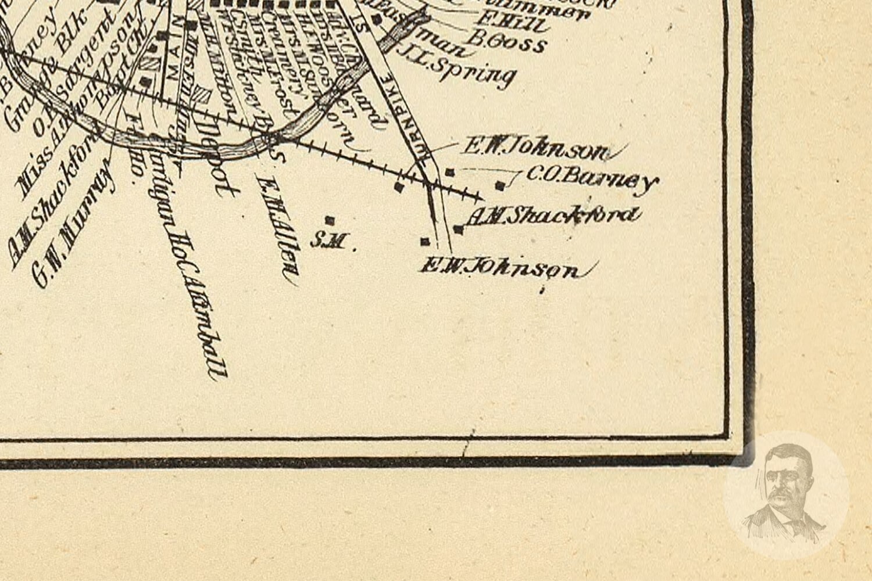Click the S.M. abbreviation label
pos(328,240)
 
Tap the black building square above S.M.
pos(330,220)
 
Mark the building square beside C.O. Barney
pos(500,185)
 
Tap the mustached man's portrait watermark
pos(785,494)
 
